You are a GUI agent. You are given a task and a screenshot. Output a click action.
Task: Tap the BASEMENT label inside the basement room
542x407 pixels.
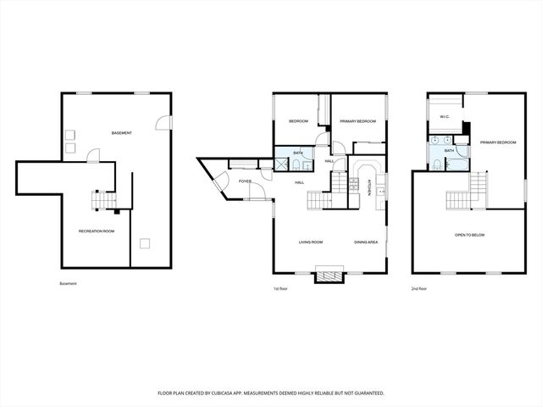tap(123, 133)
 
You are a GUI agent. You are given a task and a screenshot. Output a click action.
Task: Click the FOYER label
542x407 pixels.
tap(245, 181)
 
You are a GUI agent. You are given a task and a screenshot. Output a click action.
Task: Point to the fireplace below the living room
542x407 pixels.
tap(329, 275)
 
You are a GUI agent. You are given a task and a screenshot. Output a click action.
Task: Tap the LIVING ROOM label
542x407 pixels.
tap(311, 242)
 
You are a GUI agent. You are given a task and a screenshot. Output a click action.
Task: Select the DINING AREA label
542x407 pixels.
tap(366, 242)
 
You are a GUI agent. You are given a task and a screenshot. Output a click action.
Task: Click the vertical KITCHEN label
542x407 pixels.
tap(369, 186)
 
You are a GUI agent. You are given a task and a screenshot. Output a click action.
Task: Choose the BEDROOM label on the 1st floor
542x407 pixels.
tap(298, 121)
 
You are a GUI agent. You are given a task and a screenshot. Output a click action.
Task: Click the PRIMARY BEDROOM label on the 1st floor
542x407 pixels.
tap(357, 121)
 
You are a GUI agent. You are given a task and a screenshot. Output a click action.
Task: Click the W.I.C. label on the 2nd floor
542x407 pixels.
tap(445, 117)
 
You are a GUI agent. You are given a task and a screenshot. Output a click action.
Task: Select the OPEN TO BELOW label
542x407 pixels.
tap(469, 235)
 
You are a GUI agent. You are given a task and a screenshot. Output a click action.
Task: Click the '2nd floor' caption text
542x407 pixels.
tap(419, 288)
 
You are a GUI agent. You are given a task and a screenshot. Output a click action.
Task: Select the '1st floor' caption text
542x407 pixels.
tap(281, 288)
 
